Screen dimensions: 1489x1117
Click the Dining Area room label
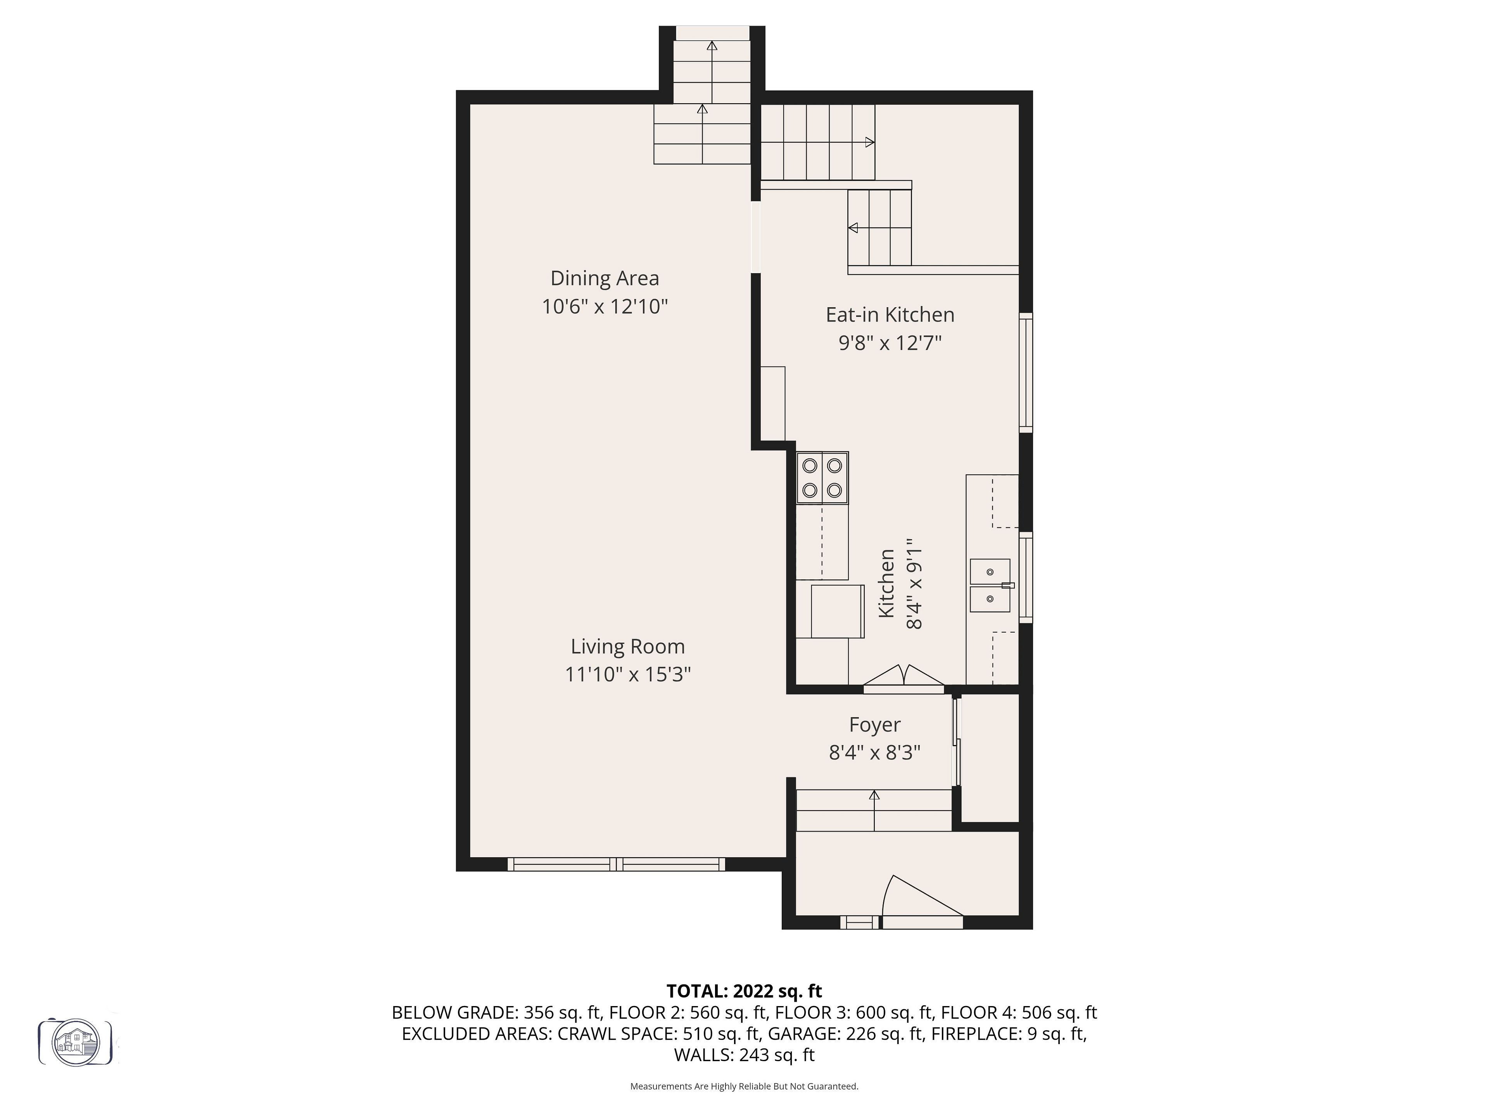coord(605,278)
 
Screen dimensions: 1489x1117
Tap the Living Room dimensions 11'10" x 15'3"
coord(628,674)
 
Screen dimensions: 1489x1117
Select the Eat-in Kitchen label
coord(890,315)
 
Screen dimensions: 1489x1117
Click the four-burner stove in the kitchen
coord(822,478)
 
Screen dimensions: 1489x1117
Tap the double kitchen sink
coord(990,585)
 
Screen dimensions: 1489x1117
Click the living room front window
coord(616,864)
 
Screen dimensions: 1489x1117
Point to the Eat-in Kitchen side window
coord(1026,372)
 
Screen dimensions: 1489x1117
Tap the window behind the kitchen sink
coord(1026,577)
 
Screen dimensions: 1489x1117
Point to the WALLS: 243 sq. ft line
coord(744,1055)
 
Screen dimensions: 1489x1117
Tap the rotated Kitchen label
coord(886,583)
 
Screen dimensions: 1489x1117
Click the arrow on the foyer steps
coord(874,810)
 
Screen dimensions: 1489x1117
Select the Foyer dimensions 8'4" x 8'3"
coord(874,752)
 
